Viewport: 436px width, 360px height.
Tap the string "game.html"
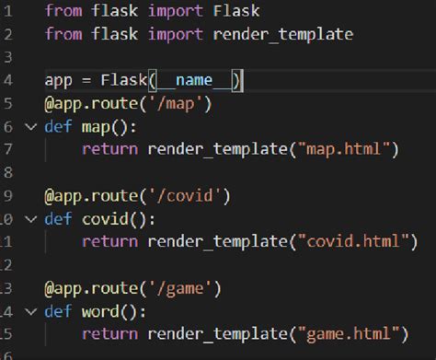tap(350, 332)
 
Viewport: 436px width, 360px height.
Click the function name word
tap(101, 310)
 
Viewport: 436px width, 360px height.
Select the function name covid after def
tap(105, 218)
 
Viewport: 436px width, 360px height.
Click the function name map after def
tap(97, 126)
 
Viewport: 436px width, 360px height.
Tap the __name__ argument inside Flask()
tap(199, 80)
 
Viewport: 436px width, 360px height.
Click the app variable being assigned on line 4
tap(58, 80)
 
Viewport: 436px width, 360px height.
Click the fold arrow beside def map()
tap(30, 126)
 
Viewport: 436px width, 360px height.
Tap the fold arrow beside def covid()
tap(30, 218)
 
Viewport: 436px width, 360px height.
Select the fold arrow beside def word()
tap(30, 310)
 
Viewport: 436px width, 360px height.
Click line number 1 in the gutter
tap(6, 11)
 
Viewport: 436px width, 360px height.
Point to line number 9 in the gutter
tap(6, 195)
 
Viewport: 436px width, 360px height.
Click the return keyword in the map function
tap(109, 149)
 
